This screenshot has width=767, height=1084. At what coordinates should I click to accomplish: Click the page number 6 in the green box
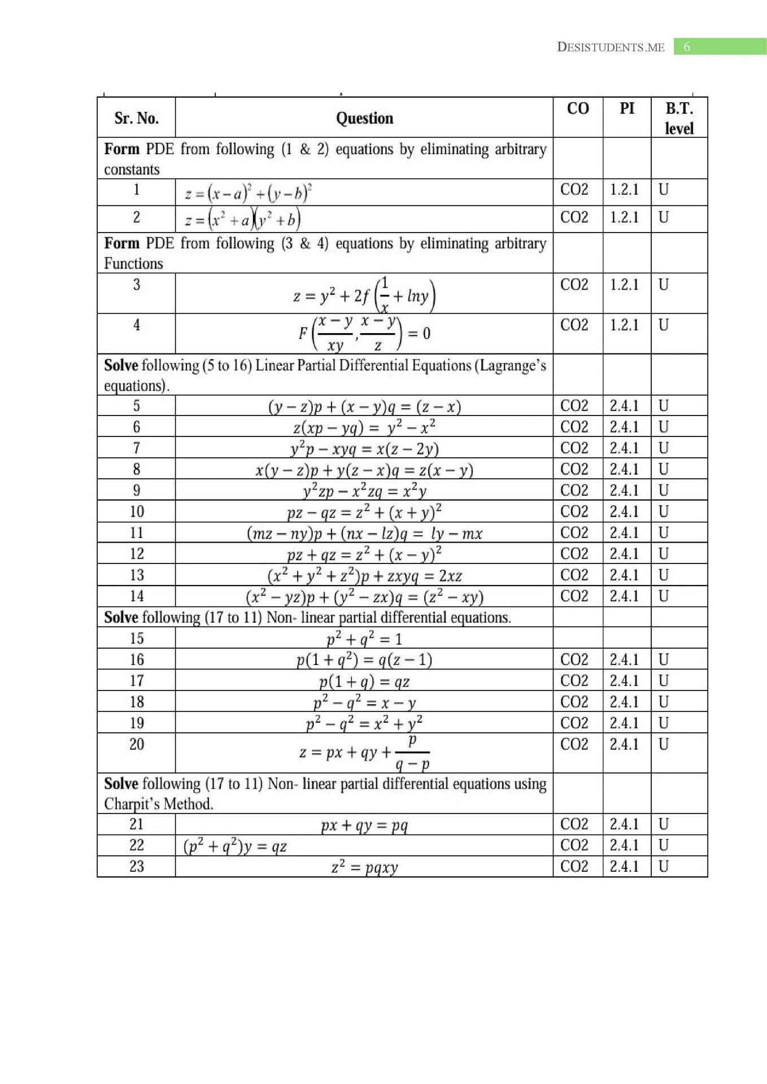[687, 47]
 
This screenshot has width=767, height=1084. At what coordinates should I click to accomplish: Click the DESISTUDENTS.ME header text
[611, 47]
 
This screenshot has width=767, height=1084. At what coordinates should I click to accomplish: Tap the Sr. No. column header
[136, 118]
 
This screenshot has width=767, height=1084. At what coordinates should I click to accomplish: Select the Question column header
[364, 118]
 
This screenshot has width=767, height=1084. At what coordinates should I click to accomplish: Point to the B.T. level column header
[679, 118]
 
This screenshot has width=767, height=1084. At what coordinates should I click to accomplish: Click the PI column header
[627, 108]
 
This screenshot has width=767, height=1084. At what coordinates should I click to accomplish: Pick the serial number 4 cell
[136, 325]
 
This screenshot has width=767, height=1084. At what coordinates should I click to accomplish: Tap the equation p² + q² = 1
[364, 639]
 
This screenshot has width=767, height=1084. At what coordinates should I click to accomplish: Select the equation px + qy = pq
[364, 825]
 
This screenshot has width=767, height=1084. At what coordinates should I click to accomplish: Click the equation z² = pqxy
[364, 867]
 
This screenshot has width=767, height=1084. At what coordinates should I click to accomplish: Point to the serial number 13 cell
[136, 575]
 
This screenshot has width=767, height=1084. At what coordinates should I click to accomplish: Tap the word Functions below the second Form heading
[133, 264]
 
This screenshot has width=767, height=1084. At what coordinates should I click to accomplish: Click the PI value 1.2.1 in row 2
[624, 217]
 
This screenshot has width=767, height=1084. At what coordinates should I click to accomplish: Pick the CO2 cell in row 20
[574, 744]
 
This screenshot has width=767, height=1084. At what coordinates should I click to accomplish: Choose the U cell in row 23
[664, 867]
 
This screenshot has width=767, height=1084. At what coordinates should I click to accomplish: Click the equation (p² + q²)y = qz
[235, 846]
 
